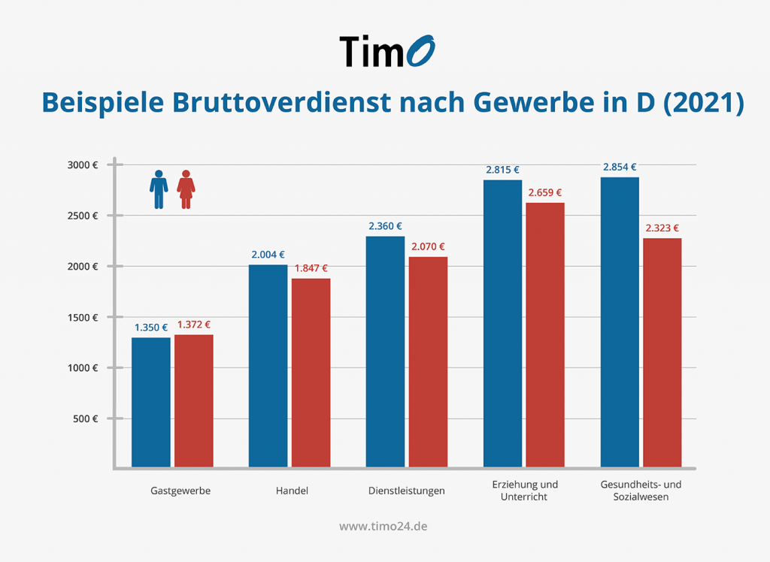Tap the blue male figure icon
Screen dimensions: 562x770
point(158,189)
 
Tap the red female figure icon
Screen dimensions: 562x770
point(186,189)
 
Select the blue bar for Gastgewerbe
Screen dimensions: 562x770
point(151,402)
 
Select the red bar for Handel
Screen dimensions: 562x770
point(311,373)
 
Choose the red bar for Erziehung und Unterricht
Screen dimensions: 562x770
point(545,334)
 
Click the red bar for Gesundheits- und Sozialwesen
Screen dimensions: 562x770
point(662,352)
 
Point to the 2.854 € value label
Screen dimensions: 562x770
point(620,168)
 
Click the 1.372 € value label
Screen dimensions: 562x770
point(194,325)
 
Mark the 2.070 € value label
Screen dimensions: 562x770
point(428,246)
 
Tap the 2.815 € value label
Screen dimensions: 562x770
point(502,170)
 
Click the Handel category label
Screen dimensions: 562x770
point(292,491)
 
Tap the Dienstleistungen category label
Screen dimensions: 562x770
point(407,491)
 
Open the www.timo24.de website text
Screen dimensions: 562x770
point(383,527)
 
